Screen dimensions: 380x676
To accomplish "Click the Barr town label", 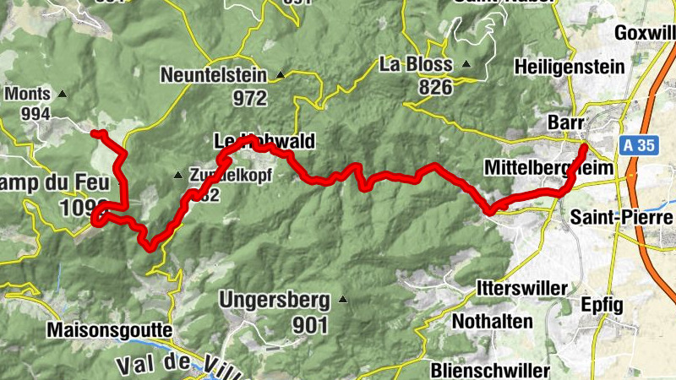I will click(566, 122).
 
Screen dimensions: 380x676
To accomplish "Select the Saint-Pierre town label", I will click(616, 216).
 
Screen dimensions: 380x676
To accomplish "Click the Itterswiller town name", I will click(521, 288).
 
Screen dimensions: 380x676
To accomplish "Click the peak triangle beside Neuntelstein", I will click(280, 75).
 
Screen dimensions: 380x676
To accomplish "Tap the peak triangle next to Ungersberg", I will click(343, 299).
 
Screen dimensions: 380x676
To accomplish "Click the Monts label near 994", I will click(29, 95).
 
